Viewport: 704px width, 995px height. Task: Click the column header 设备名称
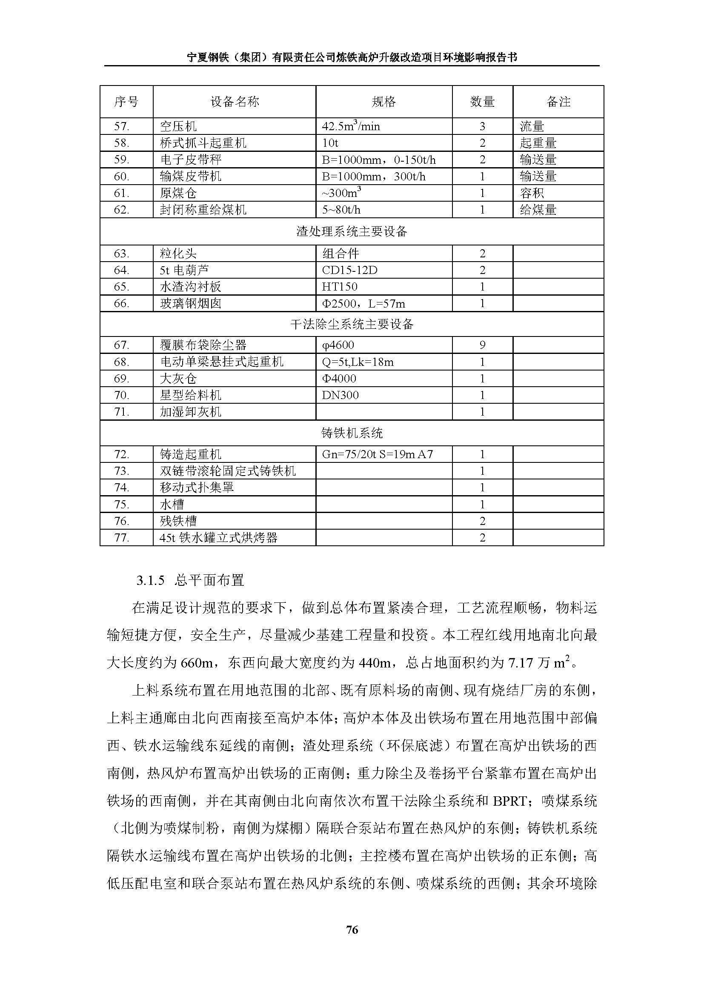coord(235,102)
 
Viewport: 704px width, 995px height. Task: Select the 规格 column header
coord(383,102)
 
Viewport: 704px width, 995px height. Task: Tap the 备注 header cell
coord(558,102)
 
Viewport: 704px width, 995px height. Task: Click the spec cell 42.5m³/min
coord(351,126)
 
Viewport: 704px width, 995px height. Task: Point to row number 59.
coord(122,160)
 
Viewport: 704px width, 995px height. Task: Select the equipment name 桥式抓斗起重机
coord(203,143)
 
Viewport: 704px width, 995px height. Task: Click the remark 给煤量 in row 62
coord(538,210)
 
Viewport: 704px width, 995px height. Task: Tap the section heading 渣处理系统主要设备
coord(352,231)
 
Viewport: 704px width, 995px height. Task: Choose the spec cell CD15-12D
coord(349,270)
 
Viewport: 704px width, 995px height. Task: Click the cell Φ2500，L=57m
coord(363,303)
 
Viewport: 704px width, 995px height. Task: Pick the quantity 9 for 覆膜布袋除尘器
coord(483,345)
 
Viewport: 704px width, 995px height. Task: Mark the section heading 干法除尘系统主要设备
coord(352,324)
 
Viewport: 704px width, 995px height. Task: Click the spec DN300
coord(341,395)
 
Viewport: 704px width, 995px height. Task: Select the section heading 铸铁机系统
coord(352,433)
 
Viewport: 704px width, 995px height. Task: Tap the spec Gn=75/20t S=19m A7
coord(377,454)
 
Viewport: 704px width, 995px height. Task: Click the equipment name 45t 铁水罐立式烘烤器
coord(218,538)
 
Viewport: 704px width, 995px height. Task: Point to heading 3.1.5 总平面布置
coord(190,580)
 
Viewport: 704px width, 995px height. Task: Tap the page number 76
coord(352,929)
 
